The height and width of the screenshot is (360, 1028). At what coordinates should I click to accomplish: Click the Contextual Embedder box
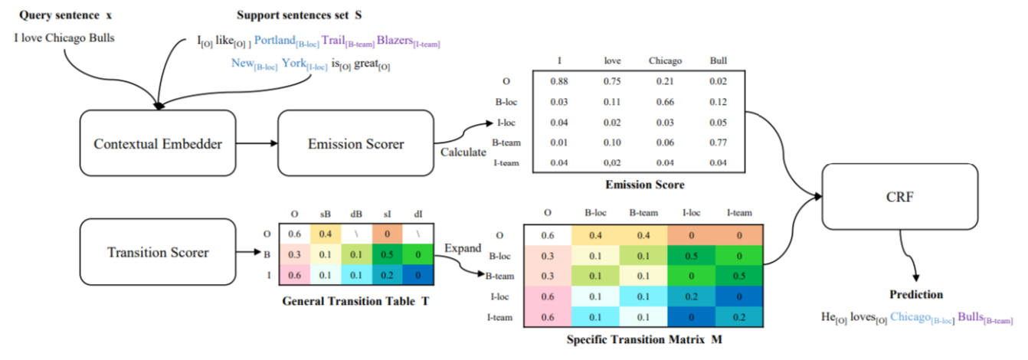pyautogui.click(x=157, y=143)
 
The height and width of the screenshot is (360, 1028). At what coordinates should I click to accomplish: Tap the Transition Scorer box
pyautogui.click(x=157, y=251)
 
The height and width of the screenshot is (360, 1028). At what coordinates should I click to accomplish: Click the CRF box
pyautogui.click(x=901, y=196)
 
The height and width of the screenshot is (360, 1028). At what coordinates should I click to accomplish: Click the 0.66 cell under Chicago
pyautogui.click(x=664, y=101)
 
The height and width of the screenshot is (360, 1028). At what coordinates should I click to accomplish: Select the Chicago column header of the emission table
pyautogui.click(x=664, y=61)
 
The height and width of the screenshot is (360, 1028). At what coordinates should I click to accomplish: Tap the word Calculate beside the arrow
pyautogui.click(x=463, y=152)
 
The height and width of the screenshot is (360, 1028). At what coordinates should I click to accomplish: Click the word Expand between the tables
pyautogui.click(x=462, y=248)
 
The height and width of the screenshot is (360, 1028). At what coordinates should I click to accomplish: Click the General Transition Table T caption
pyautogui.click(x=355, y=301)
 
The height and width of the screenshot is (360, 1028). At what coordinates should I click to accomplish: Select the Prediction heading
pyautogui.click(x=915, y=294)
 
